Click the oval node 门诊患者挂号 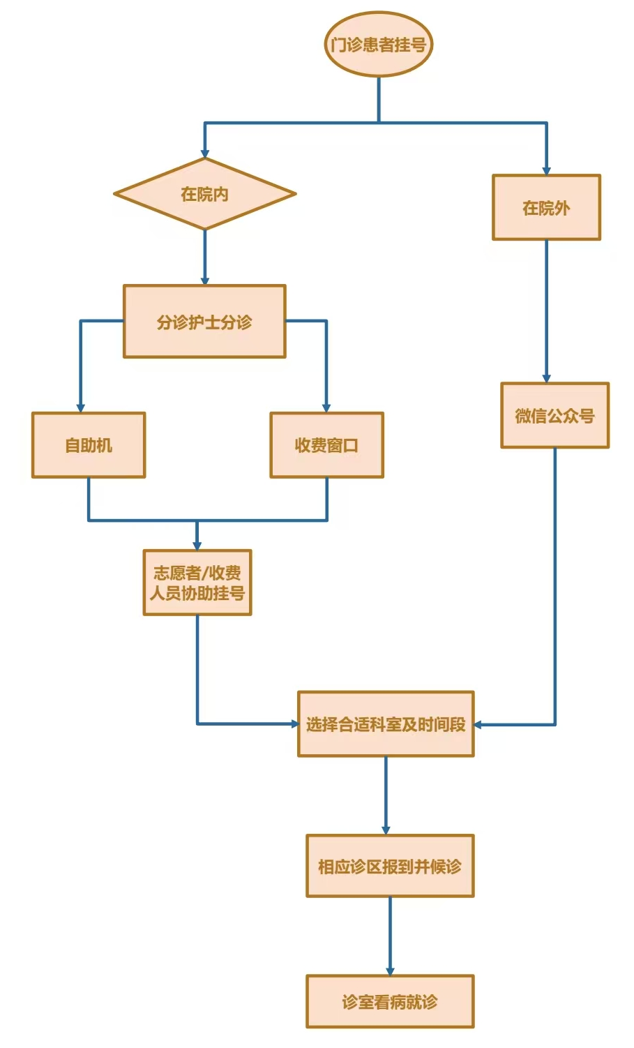point(379,45)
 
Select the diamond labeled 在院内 point(204,194)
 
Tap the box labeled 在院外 point(546,207)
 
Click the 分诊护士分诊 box point(204,322)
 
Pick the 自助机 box point(89,445)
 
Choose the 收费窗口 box point(326,445)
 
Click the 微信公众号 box point(554,415)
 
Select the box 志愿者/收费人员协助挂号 point(197,583)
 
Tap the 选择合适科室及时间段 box point(386,724)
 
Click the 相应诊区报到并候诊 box point(390,866)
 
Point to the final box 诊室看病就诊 point(390,1002)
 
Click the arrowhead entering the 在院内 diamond point(204,154)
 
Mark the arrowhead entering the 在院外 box point(546,170)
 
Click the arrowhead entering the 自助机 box point(81,407)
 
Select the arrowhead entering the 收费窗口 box point(326,407)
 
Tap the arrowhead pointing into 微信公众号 point(546,378)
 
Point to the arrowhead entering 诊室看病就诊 point(390,971)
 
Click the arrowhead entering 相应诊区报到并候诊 point(386,830)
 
